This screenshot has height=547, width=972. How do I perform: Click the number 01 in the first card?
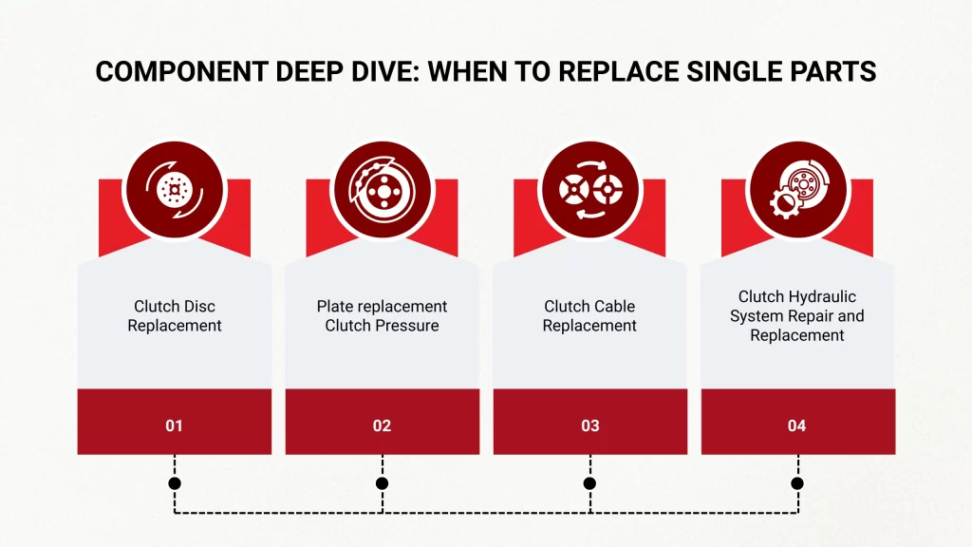click(174, 425)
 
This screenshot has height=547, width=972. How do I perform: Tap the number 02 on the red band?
click(382, 425)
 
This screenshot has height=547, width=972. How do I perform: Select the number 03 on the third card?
click(589, 425)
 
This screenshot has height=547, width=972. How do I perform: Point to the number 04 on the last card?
click(796, 425)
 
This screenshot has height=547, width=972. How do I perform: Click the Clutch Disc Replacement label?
click(175, 316)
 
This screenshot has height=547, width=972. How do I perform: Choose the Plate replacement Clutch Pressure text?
click(382, 316)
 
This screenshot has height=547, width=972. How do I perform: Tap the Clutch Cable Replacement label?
click(589, 316)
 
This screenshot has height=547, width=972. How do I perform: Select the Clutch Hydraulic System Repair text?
click(796, 316)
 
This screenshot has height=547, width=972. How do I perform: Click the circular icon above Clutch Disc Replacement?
click(175, 188)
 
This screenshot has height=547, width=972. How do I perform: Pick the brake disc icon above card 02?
click(383, 188)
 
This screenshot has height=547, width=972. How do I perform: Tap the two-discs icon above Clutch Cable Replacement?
click(589, 188)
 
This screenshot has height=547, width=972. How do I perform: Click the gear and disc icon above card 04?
click(796, 188)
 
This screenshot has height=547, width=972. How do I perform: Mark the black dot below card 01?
click(175, 483)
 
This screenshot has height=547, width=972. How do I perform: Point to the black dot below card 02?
click(383, 483)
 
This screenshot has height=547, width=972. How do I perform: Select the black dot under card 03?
click(589, 483)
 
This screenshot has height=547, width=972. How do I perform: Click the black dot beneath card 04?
click(797, 483)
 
